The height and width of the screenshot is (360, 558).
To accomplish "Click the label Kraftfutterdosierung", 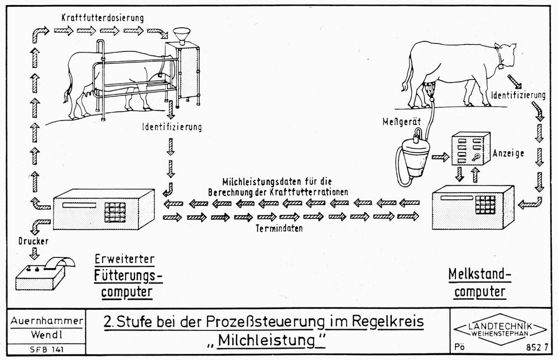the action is point(103,17).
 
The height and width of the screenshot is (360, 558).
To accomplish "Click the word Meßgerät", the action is point(401,122).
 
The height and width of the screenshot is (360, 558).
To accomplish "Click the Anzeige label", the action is point(508,153).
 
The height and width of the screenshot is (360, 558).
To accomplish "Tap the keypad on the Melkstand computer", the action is point(485,205).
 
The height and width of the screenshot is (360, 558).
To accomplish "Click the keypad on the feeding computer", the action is point(115,213).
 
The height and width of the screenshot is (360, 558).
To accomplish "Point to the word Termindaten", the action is point(279,228).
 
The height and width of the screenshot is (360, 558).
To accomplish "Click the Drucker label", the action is point(33,241).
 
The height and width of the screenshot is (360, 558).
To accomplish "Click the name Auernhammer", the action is point(47,320).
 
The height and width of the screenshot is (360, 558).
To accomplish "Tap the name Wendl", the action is point(47,335).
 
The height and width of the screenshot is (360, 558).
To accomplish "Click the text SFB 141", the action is point(47,349).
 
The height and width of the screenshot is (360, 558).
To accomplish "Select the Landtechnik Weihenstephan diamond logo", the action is point(501,329).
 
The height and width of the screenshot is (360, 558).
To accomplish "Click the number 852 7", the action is point(537,348).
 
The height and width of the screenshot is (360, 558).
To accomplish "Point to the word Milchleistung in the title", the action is point(266,340).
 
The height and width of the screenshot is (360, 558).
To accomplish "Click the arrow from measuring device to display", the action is point(440,157).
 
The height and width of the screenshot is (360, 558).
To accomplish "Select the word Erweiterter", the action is point(124,259).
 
